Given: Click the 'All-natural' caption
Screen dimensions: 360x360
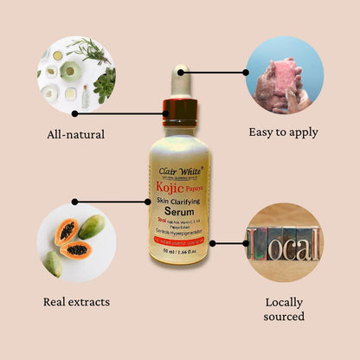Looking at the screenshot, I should [x=75, y=134].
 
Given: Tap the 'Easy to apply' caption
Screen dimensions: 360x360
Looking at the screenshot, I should [x=283, y=132].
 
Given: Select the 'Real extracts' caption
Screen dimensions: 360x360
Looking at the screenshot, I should [x=76, y=301].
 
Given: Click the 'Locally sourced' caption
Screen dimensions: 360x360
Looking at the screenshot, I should [x=284, y=309].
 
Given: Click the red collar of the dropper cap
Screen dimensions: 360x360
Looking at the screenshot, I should [x=179, y=110].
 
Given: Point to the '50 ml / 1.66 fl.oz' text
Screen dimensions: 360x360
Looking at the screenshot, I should [x=179, y=251].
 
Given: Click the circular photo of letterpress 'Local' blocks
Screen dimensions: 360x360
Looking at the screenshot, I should [x=284, y=243].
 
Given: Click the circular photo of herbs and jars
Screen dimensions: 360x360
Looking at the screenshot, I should [x=76, y=74].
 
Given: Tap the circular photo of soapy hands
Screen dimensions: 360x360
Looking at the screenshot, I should [x=284, y=74].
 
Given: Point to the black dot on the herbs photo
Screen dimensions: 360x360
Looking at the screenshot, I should [x=75, y=112].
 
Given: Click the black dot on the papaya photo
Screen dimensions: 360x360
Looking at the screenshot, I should [x=75, y=202].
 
